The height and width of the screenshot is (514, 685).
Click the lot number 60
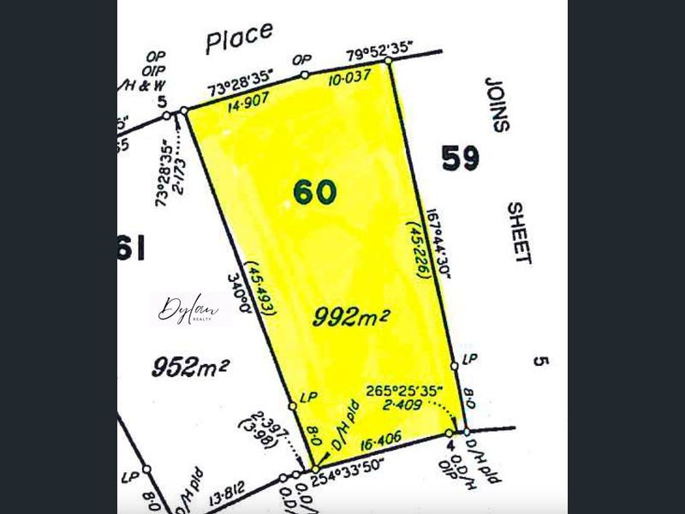[315, 192]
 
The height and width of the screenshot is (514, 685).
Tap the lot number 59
[461, 158]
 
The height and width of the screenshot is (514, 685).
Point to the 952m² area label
[190, 368]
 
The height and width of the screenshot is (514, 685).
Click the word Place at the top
[240, 37]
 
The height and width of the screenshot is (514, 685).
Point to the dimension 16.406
[384, 445]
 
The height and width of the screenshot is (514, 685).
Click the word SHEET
[519, 233]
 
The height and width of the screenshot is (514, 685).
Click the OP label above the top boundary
[301, 59]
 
